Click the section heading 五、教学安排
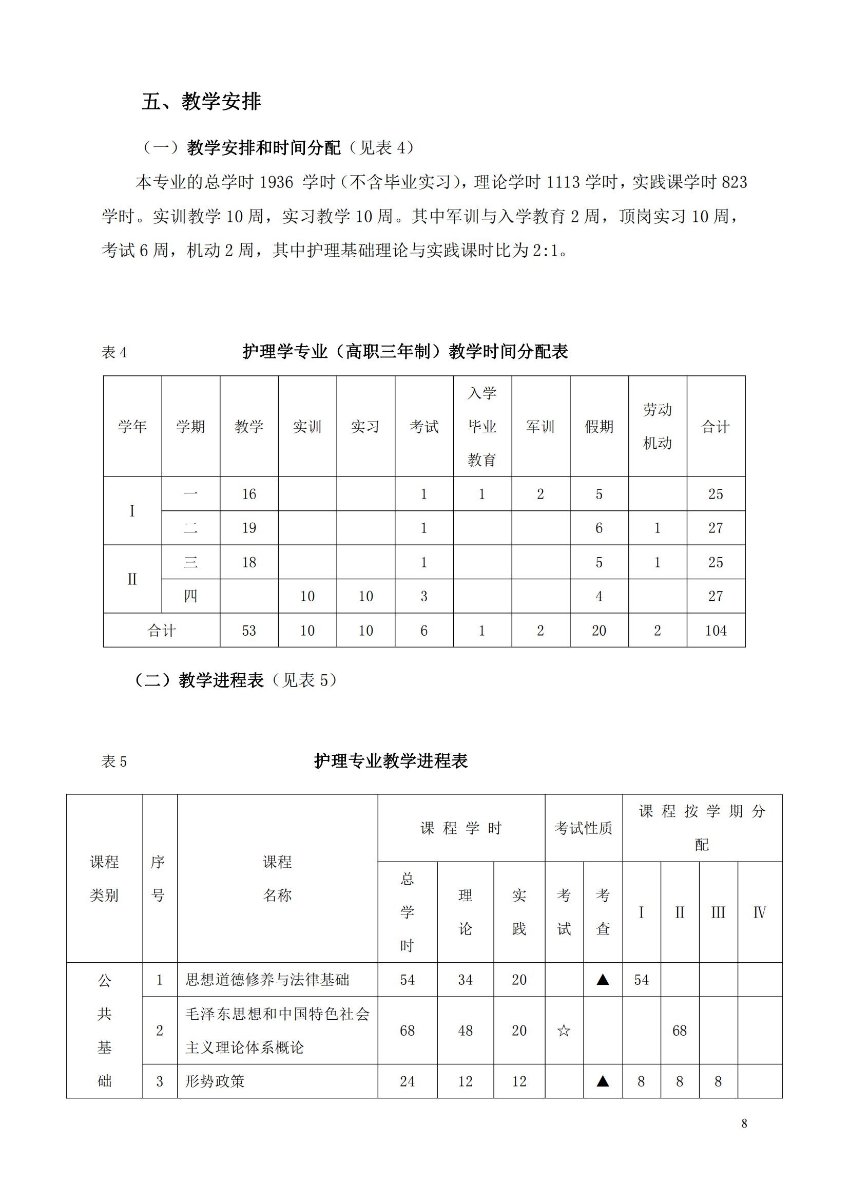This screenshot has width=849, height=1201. pos(201,102)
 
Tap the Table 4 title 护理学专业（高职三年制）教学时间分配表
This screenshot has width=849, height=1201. pos(405,352)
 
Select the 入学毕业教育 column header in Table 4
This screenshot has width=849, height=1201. pos(481,426)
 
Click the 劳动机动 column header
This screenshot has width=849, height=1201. pos(657,426)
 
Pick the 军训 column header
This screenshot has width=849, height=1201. pos(540,427)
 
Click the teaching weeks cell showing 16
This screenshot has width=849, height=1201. pos(249,494)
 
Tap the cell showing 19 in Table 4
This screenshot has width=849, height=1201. pos(249,528)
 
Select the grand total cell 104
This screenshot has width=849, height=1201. pos(716,631)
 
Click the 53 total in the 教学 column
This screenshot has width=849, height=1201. pos(249,631)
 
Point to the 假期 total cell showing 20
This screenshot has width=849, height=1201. pos(599,631)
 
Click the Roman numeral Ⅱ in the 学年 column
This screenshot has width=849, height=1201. pos(132,579)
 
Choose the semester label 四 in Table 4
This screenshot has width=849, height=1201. pos(191,596)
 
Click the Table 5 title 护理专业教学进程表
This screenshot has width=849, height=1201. pos(391,761)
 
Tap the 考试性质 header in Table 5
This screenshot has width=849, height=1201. pos(583,828)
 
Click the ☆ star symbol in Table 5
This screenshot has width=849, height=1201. pos(564,1031)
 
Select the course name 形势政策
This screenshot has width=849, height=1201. pos(215,1081)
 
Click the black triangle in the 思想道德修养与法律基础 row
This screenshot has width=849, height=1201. pos(603,980)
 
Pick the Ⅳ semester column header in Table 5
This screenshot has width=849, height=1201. pos(759,913)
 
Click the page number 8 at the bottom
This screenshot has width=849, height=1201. pos(744,1123)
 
